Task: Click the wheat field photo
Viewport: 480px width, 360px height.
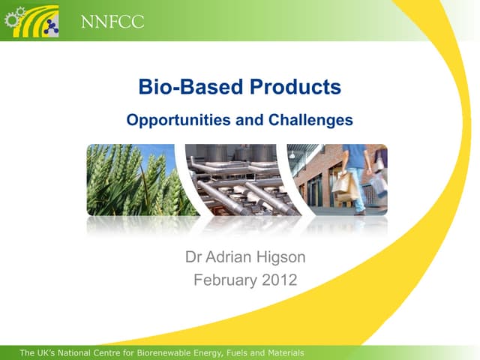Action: pos(131,180)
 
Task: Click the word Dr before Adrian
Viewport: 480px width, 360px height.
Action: pos(194,258)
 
